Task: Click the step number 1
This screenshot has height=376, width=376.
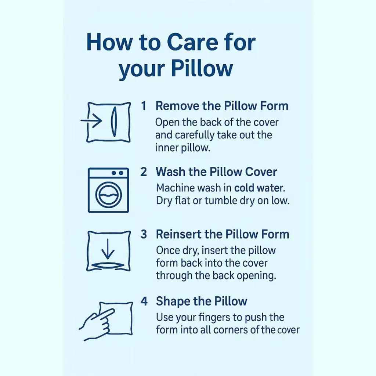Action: point(144,106)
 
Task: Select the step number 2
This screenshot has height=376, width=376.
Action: point(144,172)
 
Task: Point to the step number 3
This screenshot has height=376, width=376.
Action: point(144,234)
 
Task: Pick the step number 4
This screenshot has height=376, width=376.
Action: point(144,301)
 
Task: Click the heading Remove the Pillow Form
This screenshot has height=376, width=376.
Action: point(222,106)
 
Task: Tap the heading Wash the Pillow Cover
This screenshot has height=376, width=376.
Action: point(216,172)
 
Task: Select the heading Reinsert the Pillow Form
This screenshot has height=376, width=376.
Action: point(223,234)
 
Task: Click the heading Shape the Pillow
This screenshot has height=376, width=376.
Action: point(202,301)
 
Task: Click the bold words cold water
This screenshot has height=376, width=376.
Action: point(260,188)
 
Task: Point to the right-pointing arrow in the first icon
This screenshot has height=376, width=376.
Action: point(91,120)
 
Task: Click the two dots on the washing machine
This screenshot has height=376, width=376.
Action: point(117,173)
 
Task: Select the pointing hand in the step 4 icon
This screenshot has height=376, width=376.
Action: point(97,324)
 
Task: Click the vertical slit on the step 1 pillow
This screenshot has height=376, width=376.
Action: point(114,122)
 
